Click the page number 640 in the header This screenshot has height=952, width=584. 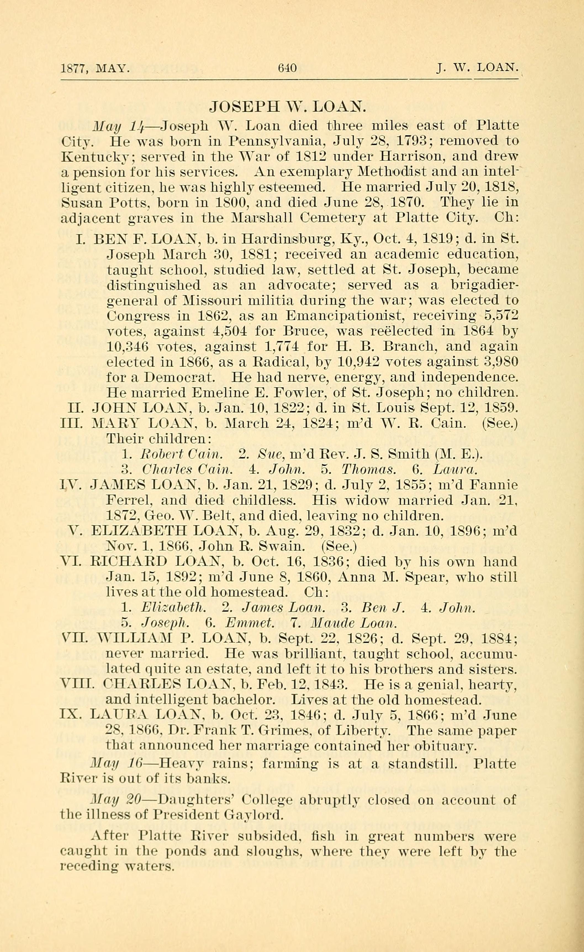pyautogui.click(x=287, y=68)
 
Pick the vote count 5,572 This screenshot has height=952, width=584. pyautogui.click(x=501, y=316)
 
